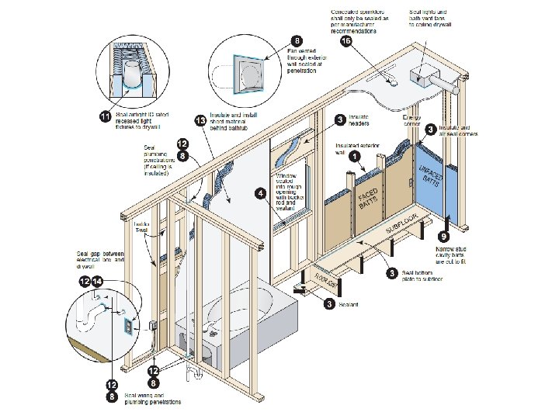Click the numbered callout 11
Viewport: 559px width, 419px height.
(x=104, y=116)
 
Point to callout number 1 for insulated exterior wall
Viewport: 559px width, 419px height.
(x=355, y=156)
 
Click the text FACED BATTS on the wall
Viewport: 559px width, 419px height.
(x=368, y=200)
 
